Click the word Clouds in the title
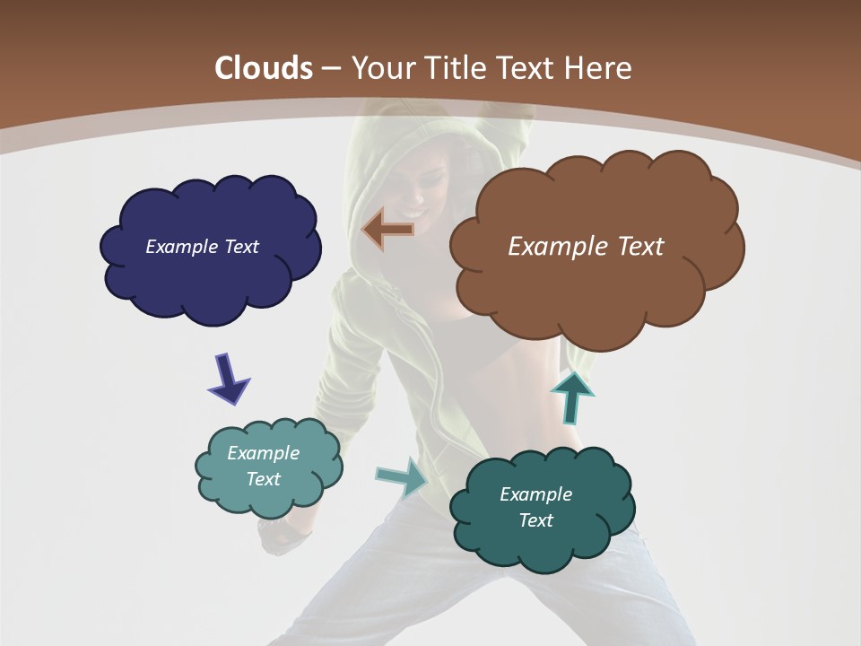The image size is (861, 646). point(263,68)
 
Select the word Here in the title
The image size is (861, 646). point(598,68)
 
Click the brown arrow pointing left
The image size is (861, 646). point(387,230)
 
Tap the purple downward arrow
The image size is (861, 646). point(229,379)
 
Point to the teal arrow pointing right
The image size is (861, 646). point(402,476)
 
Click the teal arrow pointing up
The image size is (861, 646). point(571,397)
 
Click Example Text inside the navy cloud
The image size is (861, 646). point(202,247)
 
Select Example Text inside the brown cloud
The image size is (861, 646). point(586,247)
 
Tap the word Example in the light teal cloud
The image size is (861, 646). point(263,453)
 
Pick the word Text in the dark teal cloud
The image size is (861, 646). point(535,520)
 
